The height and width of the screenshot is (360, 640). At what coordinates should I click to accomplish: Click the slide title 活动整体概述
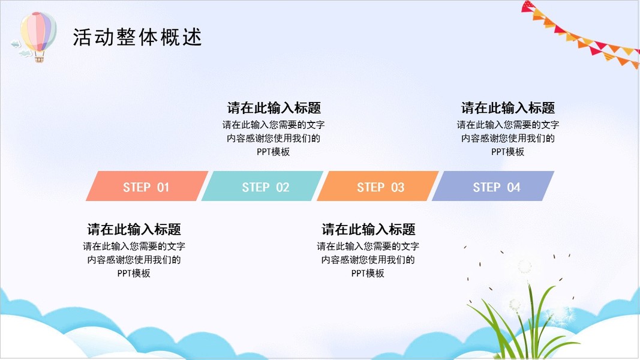coord(137,37)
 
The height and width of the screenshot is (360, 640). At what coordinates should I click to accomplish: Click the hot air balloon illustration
coord(38,37)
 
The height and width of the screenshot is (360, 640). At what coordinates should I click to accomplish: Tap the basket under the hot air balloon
coord(39,59)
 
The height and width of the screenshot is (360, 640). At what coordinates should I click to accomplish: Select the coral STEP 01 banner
coord(147,186)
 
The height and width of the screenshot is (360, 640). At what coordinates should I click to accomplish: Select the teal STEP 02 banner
coord(263,186)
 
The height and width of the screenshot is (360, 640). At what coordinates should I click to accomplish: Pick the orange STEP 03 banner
coord(378,186)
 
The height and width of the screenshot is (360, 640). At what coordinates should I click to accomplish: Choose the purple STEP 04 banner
coord(493,186)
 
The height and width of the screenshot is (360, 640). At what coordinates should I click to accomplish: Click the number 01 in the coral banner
coord(163,187)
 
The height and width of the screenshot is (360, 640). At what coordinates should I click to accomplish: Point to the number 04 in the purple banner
coord(513,187)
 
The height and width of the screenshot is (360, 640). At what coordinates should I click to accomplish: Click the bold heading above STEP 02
coord(274,108)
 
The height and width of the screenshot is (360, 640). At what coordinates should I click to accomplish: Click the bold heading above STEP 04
coord(508,108)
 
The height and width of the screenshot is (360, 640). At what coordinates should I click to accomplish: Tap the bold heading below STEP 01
coord(134,229)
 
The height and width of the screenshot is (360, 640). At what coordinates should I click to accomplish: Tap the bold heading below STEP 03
coord(368,229)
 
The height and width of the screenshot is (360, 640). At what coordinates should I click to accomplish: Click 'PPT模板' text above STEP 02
coord(273,152)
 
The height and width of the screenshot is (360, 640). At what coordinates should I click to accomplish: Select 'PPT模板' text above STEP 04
coord(507,152)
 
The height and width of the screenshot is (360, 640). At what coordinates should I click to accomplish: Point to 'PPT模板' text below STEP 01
coord(134,273)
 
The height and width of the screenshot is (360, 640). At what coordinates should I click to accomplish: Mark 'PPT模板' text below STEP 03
coord(368,273)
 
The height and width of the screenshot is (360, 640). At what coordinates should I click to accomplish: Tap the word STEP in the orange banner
coord(371,187)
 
